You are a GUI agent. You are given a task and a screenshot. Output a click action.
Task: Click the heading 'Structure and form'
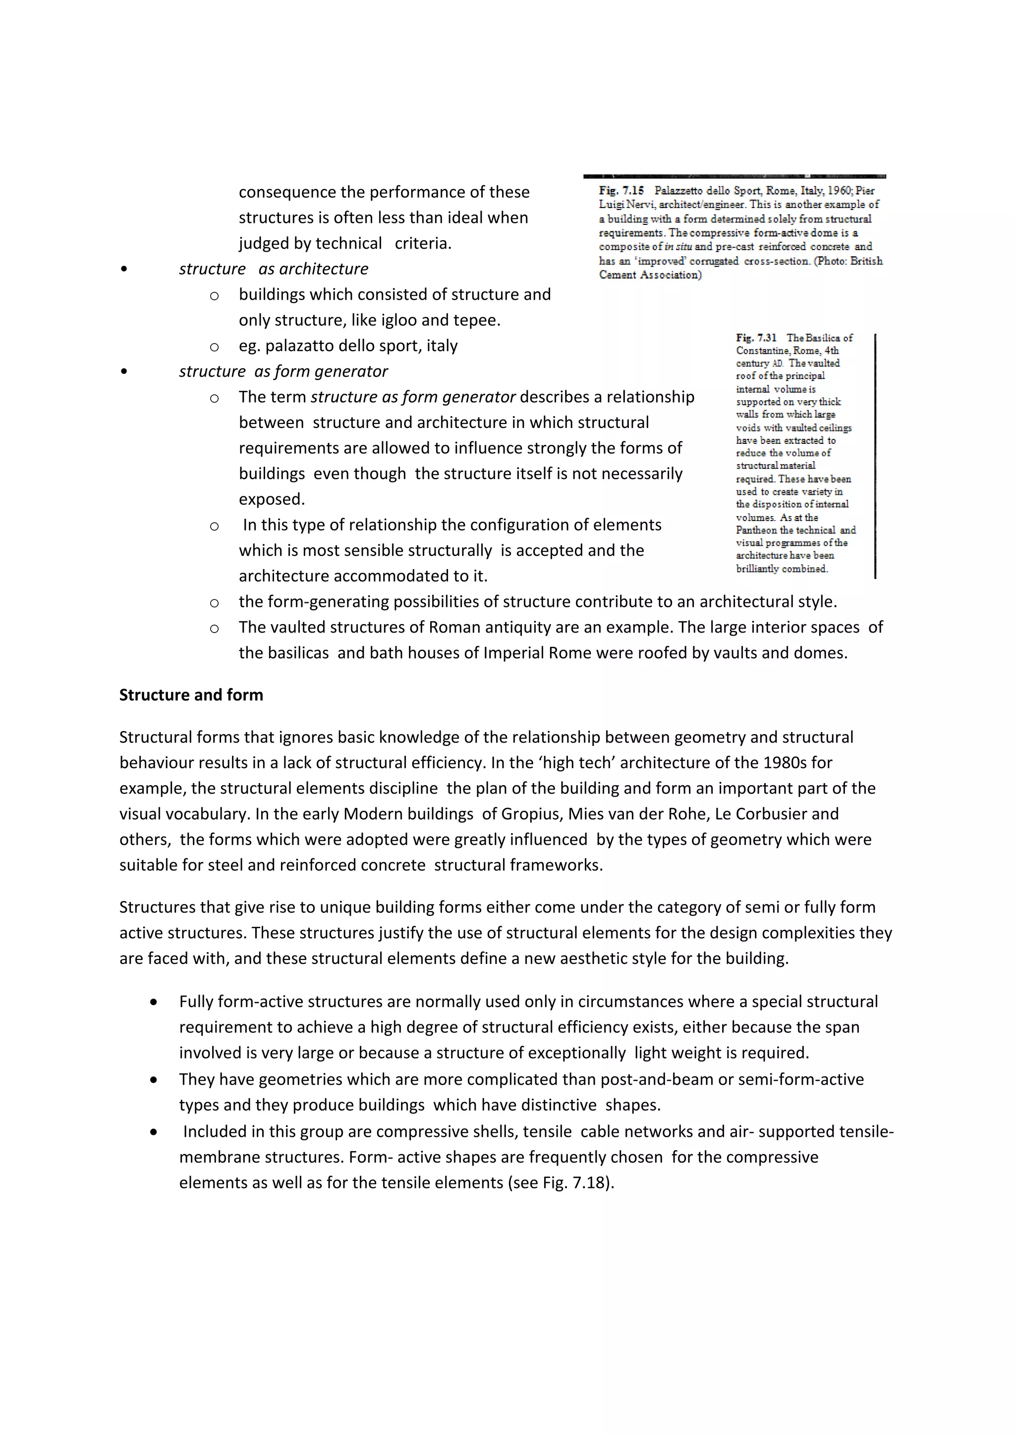[x=191, y=695]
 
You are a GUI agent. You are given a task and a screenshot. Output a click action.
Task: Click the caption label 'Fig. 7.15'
[x=621, y=191]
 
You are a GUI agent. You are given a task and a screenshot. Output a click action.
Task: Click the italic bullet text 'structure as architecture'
[x=273, y=269]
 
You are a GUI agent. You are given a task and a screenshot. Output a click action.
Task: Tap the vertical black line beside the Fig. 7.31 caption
[x=875, y=456]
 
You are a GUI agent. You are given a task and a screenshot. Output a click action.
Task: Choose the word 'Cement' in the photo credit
[x=617, y=275]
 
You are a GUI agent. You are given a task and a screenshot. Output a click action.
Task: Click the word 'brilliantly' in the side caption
[x=757, y=569]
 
